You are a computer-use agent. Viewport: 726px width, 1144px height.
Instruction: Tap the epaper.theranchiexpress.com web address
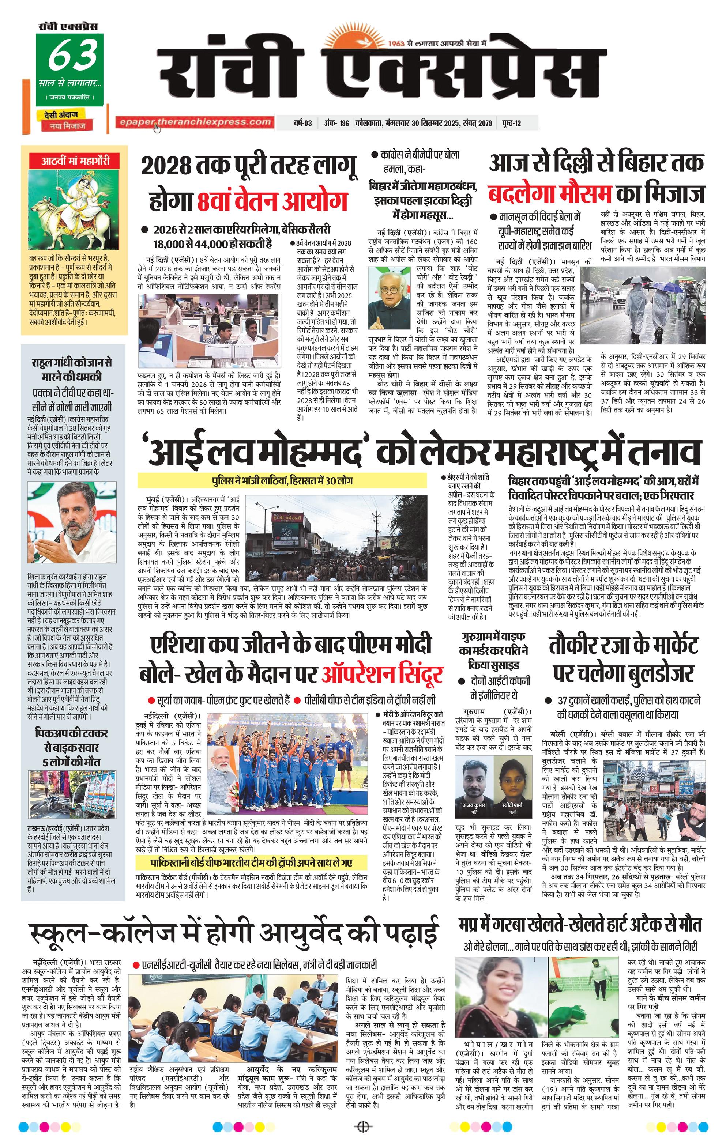(195, 122)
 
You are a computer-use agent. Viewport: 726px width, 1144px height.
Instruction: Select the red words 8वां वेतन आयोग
(272, 200)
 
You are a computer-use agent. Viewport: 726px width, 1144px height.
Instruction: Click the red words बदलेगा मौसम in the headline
(550, 194)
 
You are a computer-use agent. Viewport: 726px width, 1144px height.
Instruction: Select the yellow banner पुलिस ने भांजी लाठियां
(282, 481)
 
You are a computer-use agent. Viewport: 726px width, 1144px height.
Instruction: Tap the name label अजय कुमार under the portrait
(474, 805)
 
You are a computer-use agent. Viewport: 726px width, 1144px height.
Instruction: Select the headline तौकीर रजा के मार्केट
(623, 646)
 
